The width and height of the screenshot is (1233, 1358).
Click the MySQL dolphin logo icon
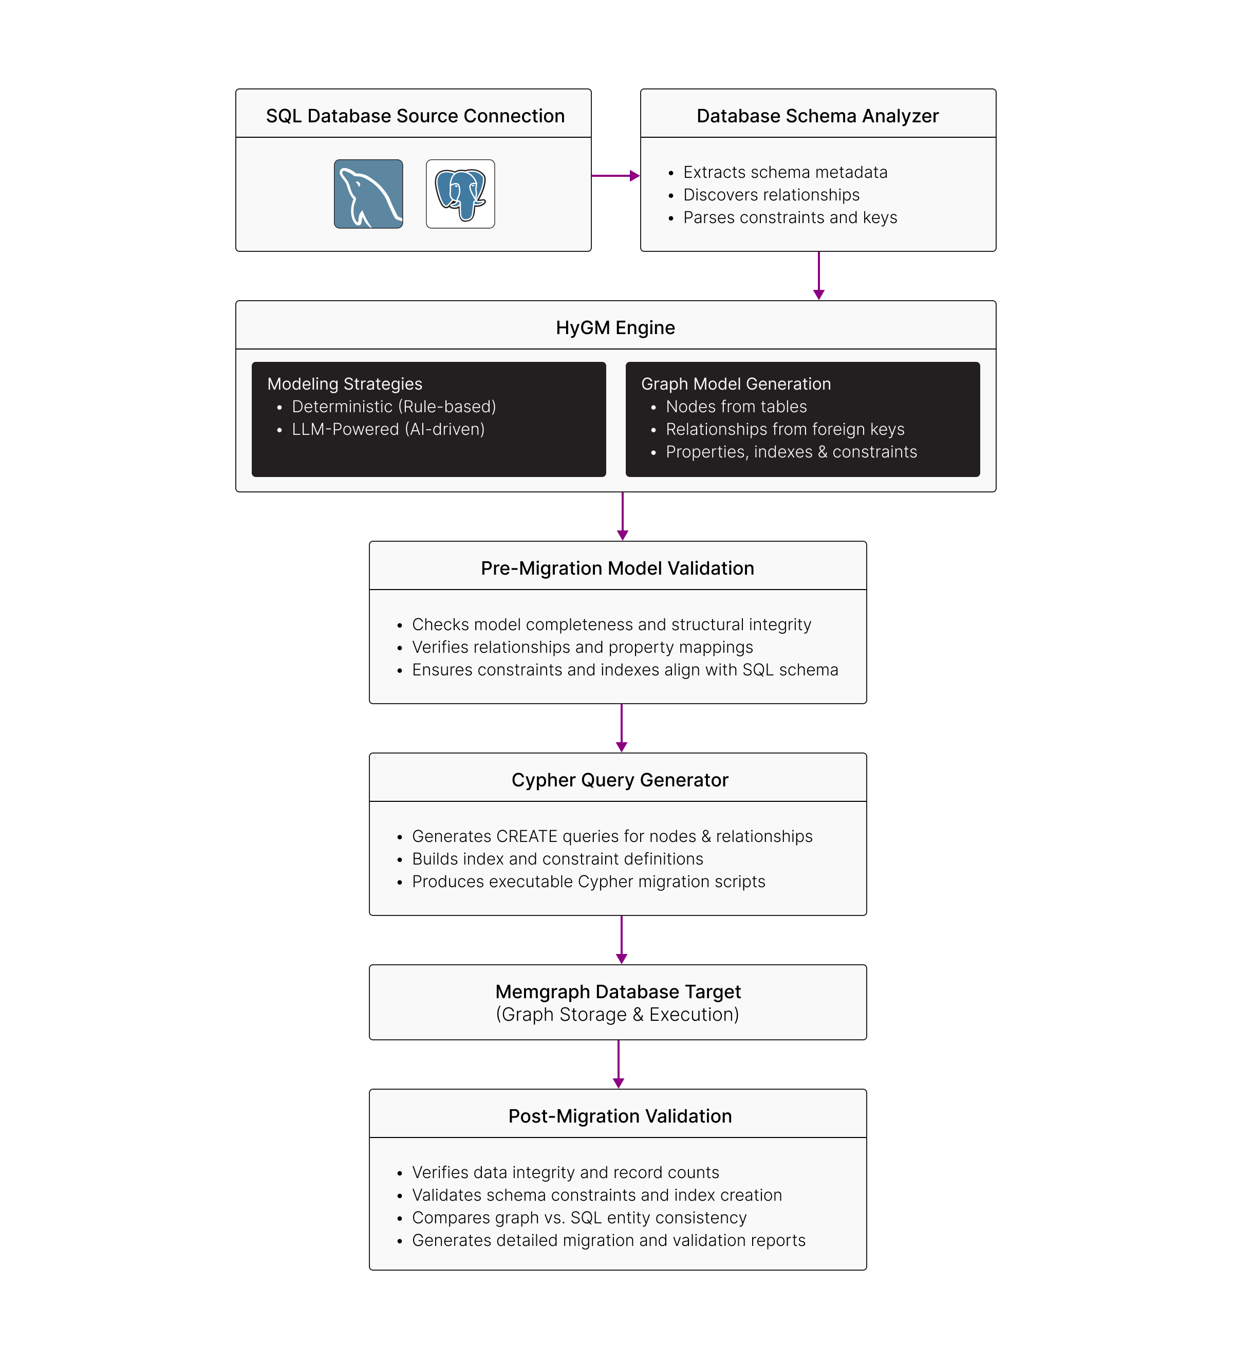(368, 194)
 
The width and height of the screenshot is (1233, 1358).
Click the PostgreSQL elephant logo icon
(461, 194)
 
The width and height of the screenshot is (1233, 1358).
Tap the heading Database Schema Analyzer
(817, 116)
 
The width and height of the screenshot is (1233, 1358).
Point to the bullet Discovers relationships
(771, 195)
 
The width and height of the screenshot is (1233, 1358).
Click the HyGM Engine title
(615, 327)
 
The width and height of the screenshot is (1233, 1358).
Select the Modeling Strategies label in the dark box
(345, 384)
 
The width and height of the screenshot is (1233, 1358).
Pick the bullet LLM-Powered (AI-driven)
(388, 430)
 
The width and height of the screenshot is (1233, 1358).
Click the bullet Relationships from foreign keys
(785, 430)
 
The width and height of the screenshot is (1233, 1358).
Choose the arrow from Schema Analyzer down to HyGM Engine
(819, 276)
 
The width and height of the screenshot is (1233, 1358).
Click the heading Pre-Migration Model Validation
(618, 568)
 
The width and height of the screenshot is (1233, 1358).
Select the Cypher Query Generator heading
(620, 780)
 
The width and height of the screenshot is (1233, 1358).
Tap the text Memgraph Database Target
(618, 992)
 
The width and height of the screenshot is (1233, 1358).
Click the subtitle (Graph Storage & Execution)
(618, 1015)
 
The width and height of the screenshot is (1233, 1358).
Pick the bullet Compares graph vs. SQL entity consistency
(579, 1218)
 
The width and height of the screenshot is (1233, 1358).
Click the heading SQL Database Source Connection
(415, 116)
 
